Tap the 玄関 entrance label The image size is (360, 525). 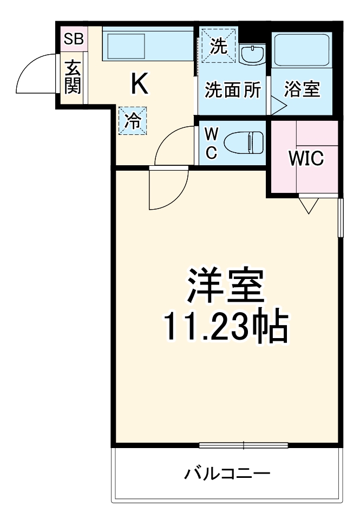click(x=73, y=77)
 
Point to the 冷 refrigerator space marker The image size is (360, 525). click(x=132, y=120)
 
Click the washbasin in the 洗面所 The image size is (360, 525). click(x=251, y=54)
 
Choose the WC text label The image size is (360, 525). click(x=211, y=143)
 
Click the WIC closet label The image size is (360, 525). click(x=305, y=159)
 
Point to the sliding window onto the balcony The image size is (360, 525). click(x=243, y=445)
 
